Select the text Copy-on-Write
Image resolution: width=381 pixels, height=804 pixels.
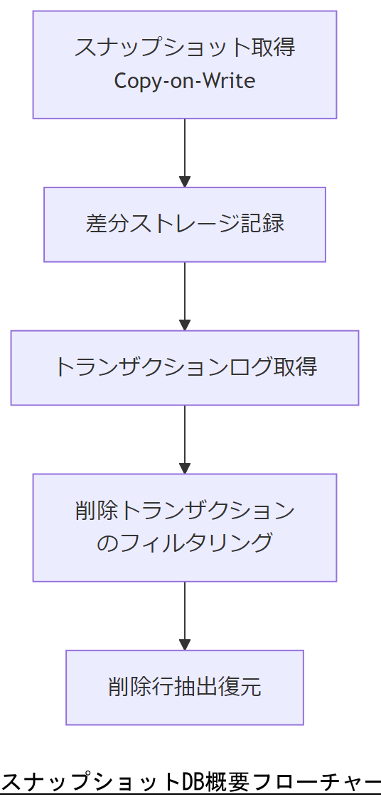coord(185,81)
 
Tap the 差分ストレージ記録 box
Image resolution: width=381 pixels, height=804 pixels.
coord(185,224)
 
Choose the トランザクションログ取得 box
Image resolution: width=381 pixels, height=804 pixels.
coord(185,368)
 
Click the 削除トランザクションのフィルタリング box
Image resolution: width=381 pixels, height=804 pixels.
coord(185,527)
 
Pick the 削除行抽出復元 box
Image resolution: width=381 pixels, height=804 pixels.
coord(185,687)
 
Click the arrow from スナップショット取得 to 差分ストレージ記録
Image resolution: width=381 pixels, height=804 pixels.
coord(185,153)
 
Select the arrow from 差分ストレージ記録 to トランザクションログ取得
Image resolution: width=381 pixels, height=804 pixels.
coord(185,296)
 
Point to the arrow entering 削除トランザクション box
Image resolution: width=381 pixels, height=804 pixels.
coord(185,440)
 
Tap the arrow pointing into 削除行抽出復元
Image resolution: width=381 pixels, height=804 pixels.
coord(185,616)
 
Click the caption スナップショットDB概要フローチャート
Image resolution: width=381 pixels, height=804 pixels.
coord(190,783)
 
